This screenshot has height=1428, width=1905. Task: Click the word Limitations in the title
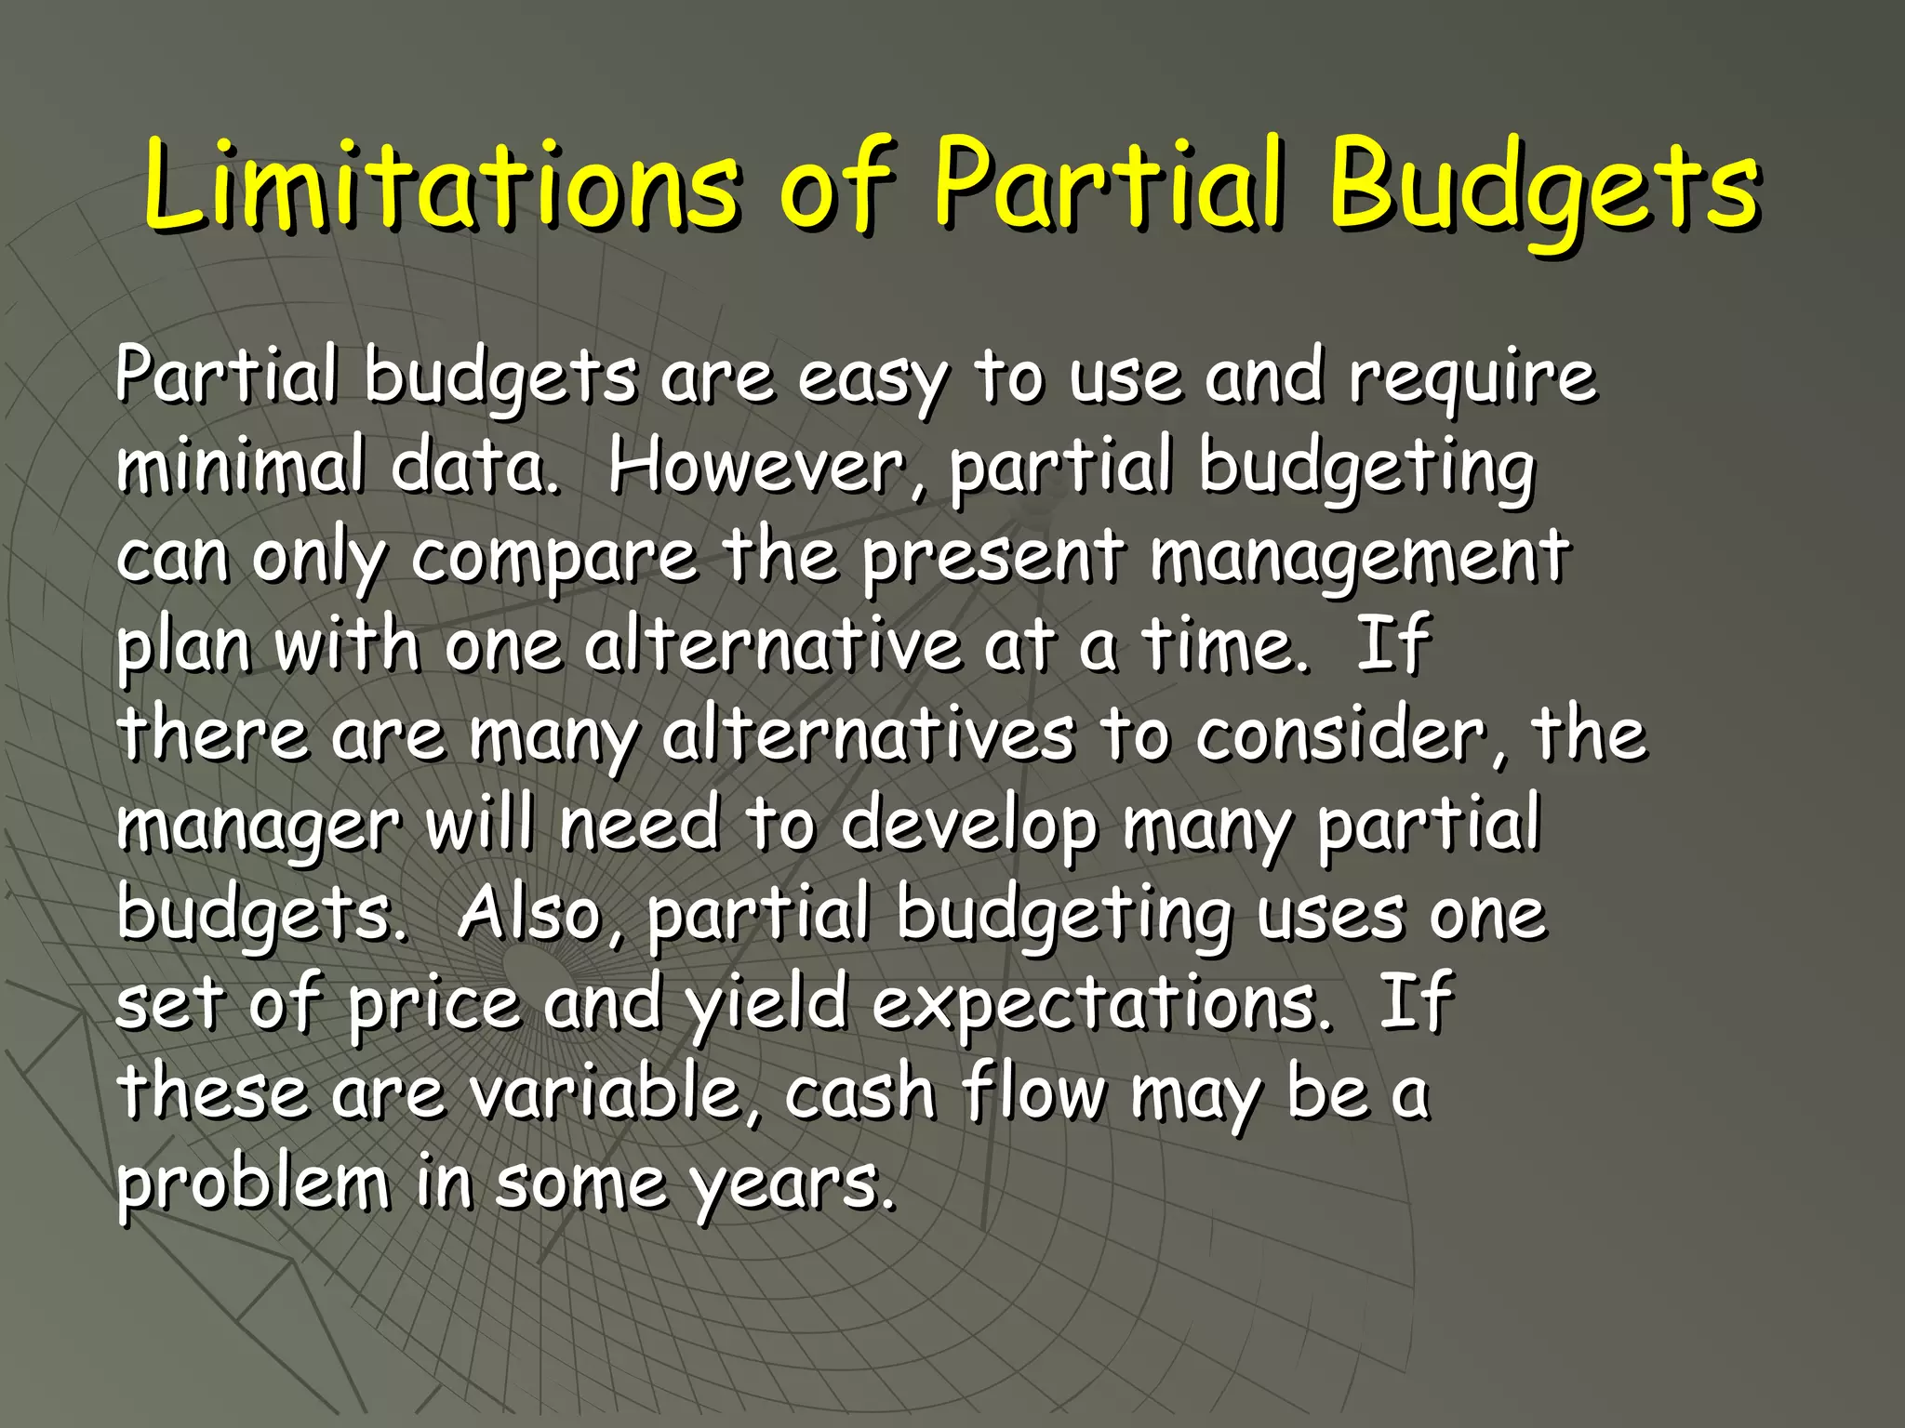tap(442, 186)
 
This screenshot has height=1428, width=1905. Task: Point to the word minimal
tap(240, 467)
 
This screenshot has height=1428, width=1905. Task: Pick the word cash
tap(859, 1093)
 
